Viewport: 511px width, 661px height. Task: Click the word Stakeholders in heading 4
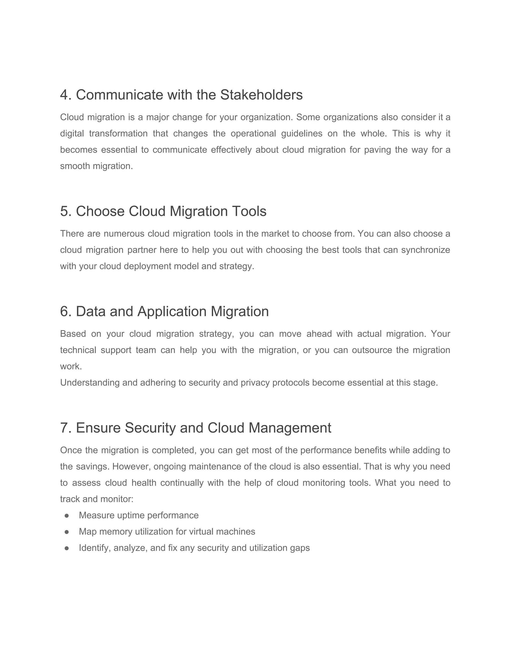[x=261, y=95]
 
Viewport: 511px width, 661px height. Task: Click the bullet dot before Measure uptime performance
[x=67, y=515]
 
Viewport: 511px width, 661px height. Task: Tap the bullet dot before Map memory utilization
[x=67, y=532]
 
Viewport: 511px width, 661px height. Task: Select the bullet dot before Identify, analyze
[x=67, y=548]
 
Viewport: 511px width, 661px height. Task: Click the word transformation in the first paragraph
[x=118, y=133]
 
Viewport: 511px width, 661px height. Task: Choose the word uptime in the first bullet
[x=131, y=515]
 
